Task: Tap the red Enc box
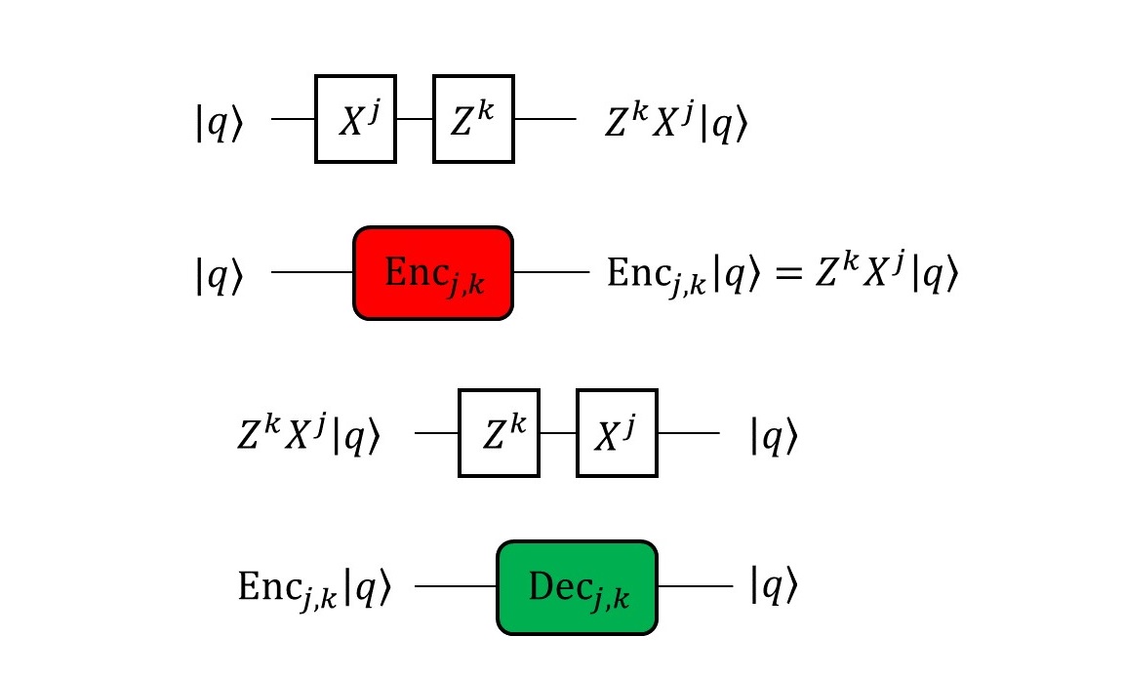[432, 274]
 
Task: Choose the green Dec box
[577, 586]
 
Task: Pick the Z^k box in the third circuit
[499, 434]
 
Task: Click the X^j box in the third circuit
[617, 434]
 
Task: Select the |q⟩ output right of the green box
[774, 586]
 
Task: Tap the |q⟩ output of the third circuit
[774, 435]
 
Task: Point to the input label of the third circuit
[313, 434]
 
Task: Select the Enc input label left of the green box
[313, 588]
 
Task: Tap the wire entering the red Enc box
[312, 274]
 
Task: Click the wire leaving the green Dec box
[695, 586]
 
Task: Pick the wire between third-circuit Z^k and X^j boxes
[557, 434]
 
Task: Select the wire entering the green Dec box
[457, 586]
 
